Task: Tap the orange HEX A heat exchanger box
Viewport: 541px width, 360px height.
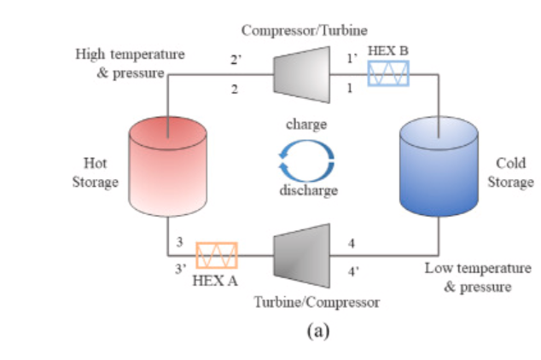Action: [217, 255]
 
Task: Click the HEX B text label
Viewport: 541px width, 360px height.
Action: [388, 51]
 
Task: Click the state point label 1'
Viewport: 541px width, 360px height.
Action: [349, 60]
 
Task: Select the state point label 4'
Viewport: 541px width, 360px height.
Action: [353, 273]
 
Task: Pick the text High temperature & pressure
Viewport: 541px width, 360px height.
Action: [130, 63]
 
